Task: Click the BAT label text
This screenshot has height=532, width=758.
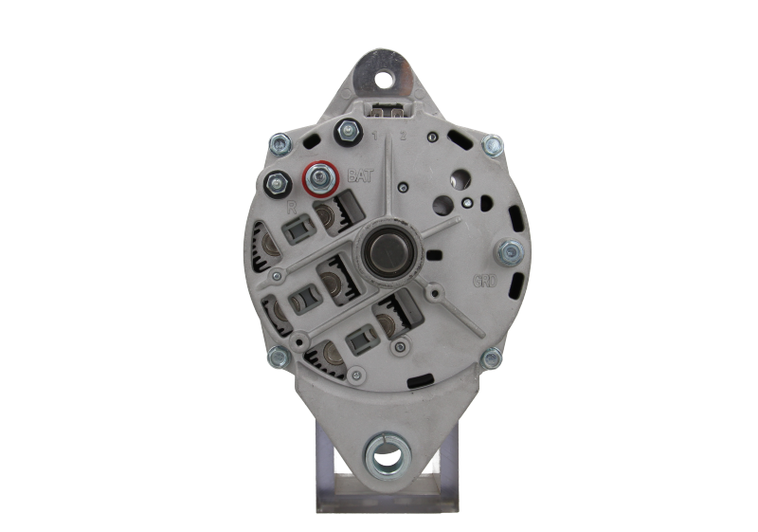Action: pyautogui.click(x=359, y=174)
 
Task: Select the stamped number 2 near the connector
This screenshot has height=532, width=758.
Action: pyautogui.click(x=403, y=138)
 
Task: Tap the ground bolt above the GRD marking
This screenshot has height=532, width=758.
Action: pyautogui.click(x=507, y=251)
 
